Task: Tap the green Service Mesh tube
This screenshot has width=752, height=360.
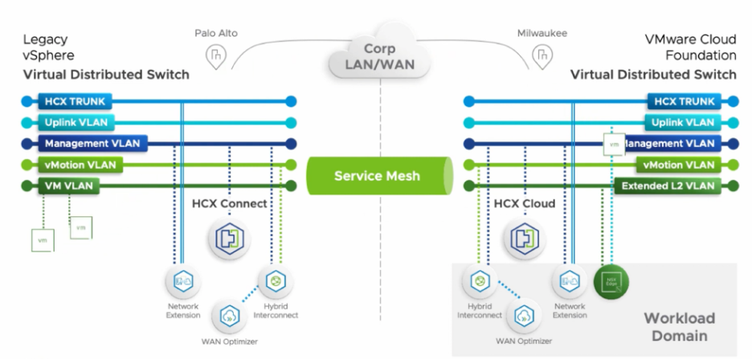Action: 377,176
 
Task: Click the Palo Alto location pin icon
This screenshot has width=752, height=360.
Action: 215,55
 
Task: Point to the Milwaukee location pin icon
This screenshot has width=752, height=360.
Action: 544,55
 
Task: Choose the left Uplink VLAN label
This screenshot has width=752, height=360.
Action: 80,122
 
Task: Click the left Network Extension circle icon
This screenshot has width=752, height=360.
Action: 183,281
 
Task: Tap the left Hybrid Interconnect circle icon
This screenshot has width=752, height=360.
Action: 276,281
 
